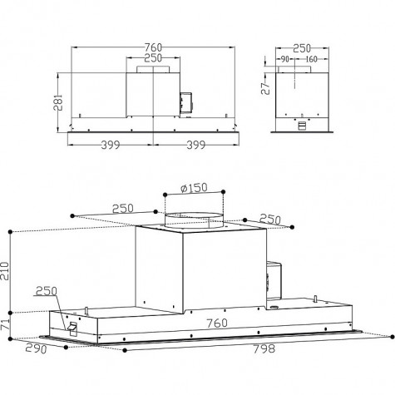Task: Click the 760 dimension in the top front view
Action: (x=153, y=47)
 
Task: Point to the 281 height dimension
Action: (x=58, y=102)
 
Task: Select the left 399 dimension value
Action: (x=111, y=145)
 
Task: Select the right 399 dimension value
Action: (x=195, y=145)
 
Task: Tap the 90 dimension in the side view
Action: (x=284, y=59)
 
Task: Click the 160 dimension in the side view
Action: (x=311, y=59)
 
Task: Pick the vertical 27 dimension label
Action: (x=265, y=88)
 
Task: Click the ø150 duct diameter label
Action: (x=194, y=188)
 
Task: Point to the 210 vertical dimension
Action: (x=5, y=271)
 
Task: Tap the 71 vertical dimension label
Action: (x=5, y=323)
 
